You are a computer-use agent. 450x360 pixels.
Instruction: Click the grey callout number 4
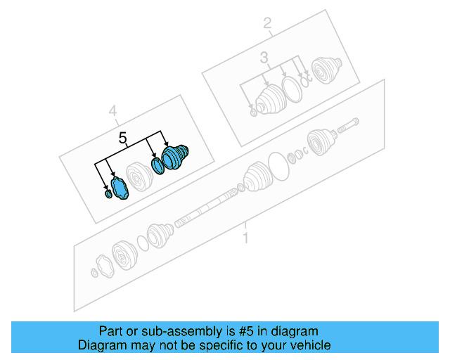[x=112, y=110]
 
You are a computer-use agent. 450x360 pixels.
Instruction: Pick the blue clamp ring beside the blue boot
[x=158, y=166]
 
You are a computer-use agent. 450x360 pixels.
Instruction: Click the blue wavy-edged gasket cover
[x=119, y=189]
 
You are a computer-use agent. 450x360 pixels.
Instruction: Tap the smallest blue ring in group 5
[x=107, y=193]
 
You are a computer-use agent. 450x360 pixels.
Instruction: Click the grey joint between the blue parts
[x=137, y=176]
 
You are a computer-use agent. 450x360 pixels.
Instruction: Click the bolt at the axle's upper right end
[x=349, y=128]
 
